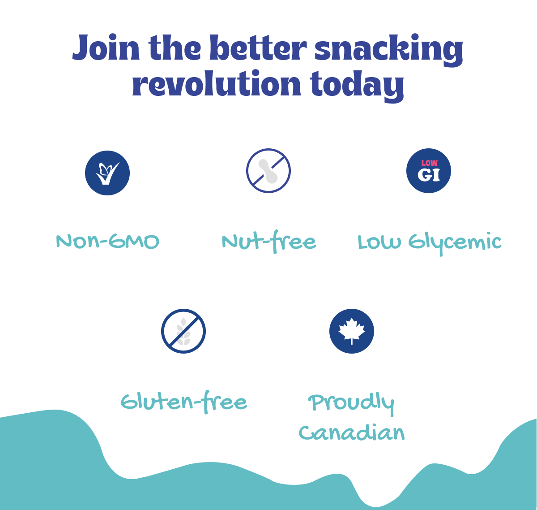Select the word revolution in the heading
click(x=216, y=83)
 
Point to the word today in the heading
click(x=357, y=86)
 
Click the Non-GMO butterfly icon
click(x=107, y=173)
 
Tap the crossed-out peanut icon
click(x=268, y=171)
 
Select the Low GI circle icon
click(x=429, y=171)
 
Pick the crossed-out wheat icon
click(x=183, y=331)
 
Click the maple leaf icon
click(x=352, y=331)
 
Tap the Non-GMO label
click(x=107, y=241)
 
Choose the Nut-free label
click(x=269, y=241)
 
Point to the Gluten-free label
click(x=184, y=402)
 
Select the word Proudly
click(x=352, y=403)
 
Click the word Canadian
click(x=352, y=433)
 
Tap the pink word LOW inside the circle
click(x=430, y=163)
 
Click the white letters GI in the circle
click(x=429, y=175)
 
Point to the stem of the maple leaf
click(x=352, y=341)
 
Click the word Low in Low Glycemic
click(x=379, y=242)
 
